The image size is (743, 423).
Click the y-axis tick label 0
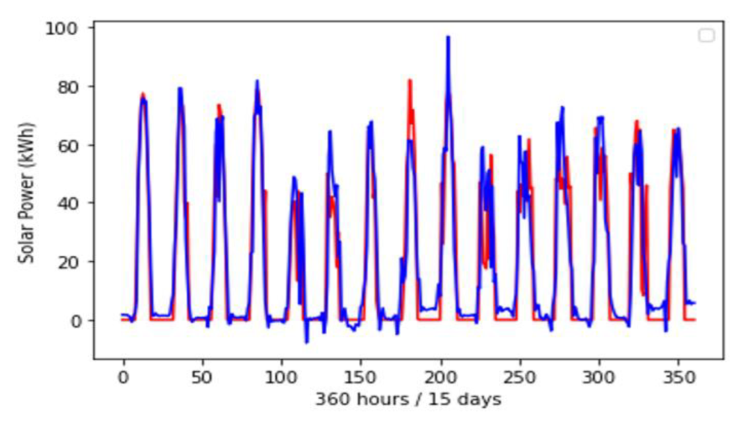point(75,320)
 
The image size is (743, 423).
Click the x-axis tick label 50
point(202,377)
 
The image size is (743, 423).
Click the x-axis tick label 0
point(123,377)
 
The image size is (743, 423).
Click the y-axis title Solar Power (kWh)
point(26,193)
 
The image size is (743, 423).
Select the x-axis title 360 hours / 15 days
point(408,399)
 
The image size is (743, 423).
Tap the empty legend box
point(706,36)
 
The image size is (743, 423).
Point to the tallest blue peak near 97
point(448,38)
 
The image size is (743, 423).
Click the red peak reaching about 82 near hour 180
point(410,80)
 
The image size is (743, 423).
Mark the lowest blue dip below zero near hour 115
point(307,342)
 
